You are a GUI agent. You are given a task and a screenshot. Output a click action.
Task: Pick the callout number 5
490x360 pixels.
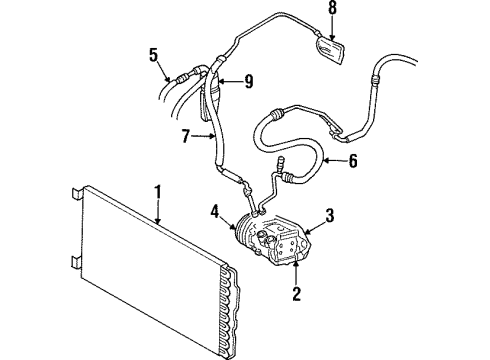click(153, 54)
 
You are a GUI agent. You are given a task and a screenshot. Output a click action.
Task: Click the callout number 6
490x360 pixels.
click(353, 161)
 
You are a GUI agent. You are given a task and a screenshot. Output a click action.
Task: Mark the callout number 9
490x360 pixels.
click(249, 82)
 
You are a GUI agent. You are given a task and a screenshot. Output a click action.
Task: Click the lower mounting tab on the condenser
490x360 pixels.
click(77, 263)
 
